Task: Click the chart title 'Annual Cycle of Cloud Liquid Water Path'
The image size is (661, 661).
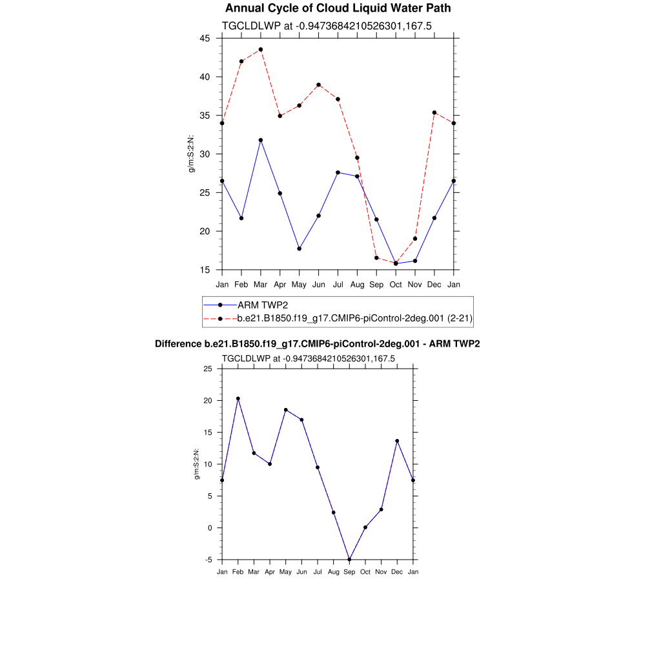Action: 338,8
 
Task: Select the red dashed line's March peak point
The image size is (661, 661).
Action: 261,50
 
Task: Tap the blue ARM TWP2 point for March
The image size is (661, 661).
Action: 261,140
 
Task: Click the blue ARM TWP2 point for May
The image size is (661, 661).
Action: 300,249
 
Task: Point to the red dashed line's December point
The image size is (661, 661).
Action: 434,112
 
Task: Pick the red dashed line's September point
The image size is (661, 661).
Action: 376,258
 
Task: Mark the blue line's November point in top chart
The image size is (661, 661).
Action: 415,261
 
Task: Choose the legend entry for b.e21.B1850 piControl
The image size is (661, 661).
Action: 356,318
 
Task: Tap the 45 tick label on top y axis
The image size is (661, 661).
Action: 205,38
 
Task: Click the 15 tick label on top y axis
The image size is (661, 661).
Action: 205,270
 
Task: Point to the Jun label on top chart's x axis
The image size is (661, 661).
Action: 319,285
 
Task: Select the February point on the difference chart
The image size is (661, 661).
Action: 238,399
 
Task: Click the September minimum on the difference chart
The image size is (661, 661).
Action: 349,560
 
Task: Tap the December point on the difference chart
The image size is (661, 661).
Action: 397,441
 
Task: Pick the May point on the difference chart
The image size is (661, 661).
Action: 286,410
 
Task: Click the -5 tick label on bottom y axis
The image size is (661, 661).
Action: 208,560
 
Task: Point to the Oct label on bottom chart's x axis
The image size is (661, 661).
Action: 365,572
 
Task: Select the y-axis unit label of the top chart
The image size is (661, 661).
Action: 191,154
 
